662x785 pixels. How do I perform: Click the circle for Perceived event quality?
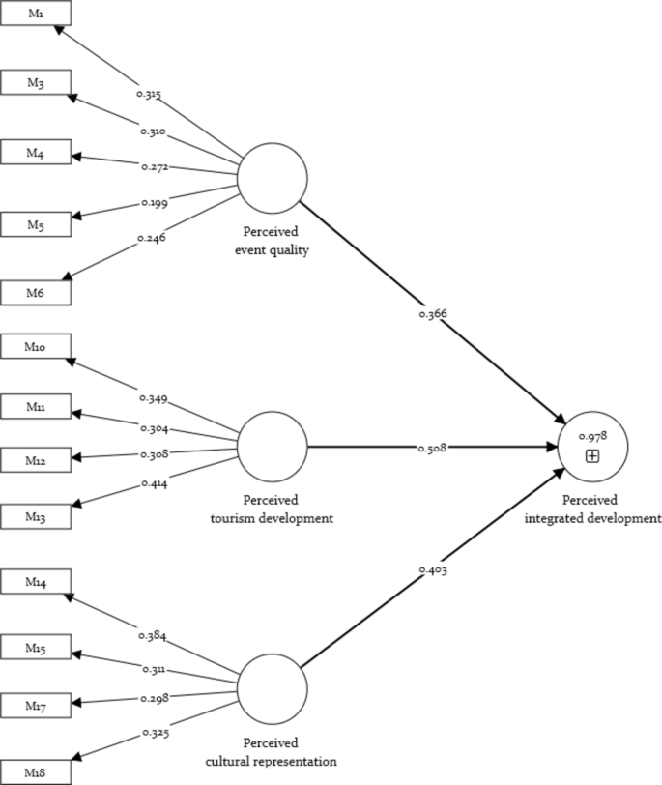273,179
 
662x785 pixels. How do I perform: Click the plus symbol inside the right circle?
592,455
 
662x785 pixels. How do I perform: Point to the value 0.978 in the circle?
592,437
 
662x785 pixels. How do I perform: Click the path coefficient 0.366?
434,313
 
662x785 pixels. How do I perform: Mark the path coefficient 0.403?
433,570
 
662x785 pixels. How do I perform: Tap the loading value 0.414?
154,484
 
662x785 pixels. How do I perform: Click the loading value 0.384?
153,636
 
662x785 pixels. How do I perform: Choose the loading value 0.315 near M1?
149,95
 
